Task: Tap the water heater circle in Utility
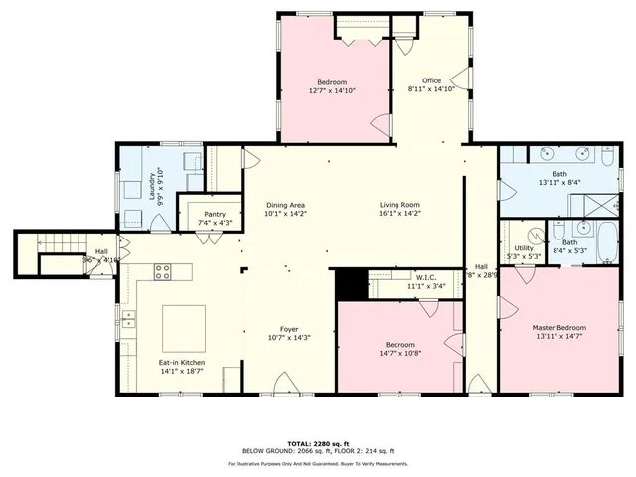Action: [532, 236]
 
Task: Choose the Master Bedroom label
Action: [558, 328]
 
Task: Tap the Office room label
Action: [431, 81]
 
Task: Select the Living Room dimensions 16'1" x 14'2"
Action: [399, 213]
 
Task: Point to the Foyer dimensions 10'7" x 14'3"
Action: [288, 338]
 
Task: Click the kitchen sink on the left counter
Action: [128, 319]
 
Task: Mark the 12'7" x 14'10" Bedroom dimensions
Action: [332, 90]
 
